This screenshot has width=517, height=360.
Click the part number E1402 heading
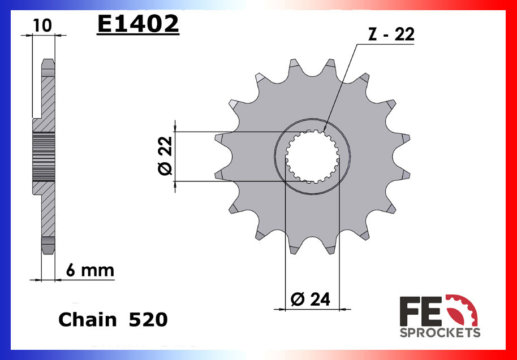tap(137, 25)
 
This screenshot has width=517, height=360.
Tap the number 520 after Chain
tap(148, 320)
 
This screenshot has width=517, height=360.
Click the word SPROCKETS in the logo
tap(440, 332)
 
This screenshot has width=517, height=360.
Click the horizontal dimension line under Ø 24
tap(312, 309)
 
